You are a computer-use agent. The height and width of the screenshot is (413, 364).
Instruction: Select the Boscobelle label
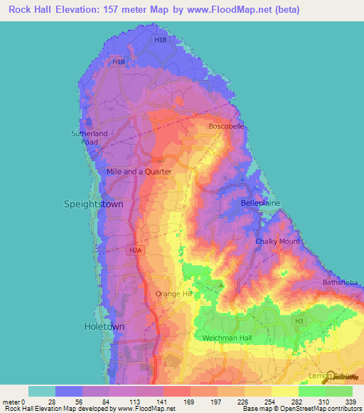[x=226, y=126]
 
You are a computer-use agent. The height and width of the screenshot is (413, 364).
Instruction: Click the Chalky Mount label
[x=277, y=242]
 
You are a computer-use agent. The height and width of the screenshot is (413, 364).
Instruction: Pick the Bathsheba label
[x=338, y=282]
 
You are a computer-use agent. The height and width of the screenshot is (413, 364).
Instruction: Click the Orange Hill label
[x=174, y=293]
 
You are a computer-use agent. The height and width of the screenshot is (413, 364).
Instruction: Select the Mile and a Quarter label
[x=139, y=172]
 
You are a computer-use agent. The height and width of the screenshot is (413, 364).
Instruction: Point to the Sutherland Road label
[x=89, y=138]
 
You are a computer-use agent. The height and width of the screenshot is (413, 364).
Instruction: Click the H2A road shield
[x=136, y=250]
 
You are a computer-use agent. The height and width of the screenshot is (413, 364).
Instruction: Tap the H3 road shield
[x=299, y=321]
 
